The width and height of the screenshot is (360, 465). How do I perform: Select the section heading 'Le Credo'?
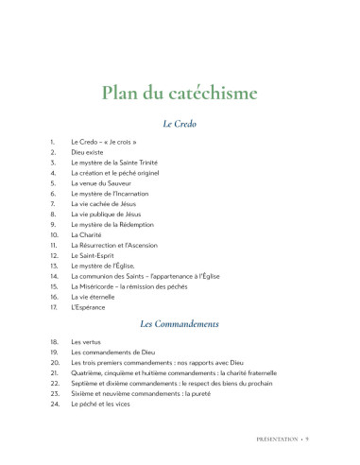point(180,124)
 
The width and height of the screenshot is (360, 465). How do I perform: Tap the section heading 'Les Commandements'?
point(180,323)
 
